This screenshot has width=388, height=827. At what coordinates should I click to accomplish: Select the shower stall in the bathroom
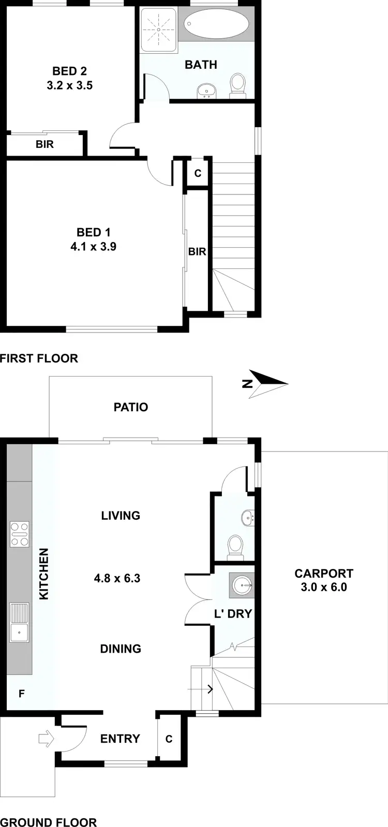158,29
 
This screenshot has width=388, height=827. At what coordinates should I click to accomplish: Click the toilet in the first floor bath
237,85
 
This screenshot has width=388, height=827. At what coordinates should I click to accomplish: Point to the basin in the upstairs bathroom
206,91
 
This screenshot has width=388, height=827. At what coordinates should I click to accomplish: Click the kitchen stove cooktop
20,534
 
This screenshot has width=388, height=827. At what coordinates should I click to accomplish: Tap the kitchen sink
20,622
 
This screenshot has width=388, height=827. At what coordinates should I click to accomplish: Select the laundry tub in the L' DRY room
242,585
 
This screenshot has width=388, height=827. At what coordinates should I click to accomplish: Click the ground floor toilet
235,546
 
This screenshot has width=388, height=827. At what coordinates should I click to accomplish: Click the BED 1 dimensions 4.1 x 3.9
93,247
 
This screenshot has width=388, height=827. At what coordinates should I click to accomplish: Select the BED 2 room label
69,71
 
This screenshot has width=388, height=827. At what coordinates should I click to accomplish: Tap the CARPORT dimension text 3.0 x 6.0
323,587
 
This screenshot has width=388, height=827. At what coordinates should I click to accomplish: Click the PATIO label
131,407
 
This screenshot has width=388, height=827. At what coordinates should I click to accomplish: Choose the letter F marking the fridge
22,694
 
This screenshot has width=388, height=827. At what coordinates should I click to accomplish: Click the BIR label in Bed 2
44,144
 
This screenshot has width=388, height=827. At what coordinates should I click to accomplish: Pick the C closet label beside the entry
169,739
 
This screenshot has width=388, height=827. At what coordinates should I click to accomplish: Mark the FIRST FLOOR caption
39,358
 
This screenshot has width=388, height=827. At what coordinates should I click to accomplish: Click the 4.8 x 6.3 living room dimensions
117,578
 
